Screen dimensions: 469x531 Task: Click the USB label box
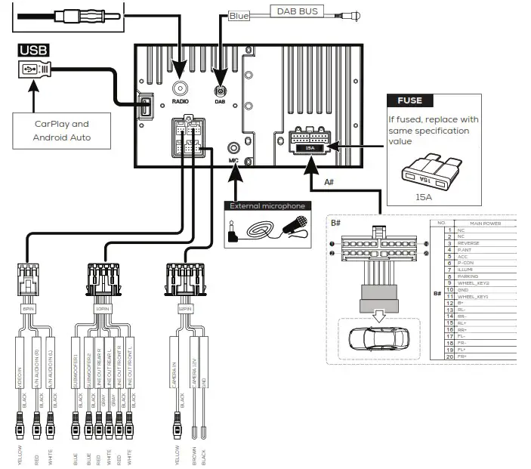click(32, 51)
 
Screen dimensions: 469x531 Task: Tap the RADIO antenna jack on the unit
click(180, 87)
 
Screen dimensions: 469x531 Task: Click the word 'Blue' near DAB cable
click(239, 15)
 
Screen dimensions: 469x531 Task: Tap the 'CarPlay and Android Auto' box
click(61, 131)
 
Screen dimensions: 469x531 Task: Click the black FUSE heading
click(409, 100)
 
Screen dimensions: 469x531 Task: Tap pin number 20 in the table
click(449, 356)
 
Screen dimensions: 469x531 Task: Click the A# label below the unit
click(329, 182)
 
